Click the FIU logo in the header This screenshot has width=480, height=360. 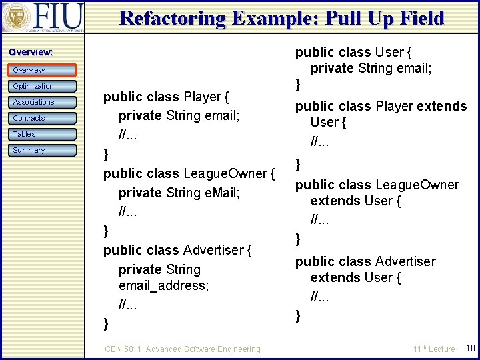coord(43,17)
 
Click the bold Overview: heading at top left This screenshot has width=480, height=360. coord(31,52)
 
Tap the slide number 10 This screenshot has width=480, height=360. coord(469,348)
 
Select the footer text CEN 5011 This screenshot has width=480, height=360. coord(126,349)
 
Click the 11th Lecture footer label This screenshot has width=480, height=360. coord(433,349)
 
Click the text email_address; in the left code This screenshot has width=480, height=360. coord(163,285)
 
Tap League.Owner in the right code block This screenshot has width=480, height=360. coord(417,185)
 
